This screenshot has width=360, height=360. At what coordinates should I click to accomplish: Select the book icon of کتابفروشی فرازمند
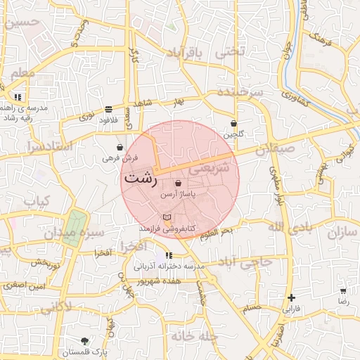point(167,217)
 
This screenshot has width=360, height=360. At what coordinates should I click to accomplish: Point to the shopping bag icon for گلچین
point(233,124)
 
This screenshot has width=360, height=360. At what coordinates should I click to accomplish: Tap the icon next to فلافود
point(108,110)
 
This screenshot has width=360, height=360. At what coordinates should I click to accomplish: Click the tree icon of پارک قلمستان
point(85,341)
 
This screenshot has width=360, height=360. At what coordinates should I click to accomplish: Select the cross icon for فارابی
point(291,298)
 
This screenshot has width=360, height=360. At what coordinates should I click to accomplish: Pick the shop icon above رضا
point(343,290)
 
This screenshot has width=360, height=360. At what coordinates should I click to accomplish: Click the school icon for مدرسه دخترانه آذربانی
point(168,256)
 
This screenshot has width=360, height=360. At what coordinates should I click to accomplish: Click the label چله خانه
point(181,336)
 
